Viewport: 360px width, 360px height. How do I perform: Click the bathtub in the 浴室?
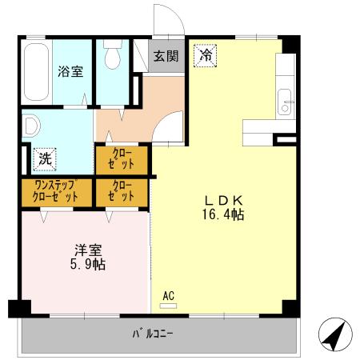point(37,72)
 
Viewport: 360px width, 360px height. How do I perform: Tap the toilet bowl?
point(113,54)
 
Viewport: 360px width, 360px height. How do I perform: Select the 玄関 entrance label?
point(166,56)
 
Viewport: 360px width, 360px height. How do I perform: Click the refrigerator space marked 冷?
point(206,56)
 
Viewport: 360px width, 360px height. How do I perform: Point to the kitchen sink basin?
point(285,102)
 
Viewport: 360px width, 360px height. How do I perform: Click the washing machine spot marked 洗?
point(45,159)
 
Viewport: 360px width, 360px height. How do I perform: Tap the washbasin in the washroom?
point(30,126)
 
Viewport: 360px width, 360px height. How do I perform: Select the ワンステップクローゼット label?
point(56,191)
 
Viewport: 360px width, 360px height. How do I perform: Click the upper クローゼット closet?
point(122,159)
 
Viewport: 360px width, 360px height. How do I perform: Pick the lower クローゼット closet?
point(122,193)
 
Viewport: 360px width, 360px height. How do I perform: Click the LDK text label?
point(223,200)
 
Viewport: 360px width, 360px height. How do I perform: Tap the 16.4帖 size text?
point(223,214)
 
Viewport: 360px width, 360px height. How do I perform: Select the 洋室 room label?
point(88,250)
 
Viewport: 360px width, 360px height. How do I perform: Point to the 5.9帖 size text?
point(88,265)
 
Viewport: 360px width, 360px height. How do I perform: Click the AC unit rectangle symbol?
point(168,306)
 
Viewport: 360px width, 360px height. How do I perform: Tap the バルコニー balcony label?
point(153,334)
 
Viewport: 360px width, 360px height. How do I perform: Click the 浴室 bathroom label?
point(70,71)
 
